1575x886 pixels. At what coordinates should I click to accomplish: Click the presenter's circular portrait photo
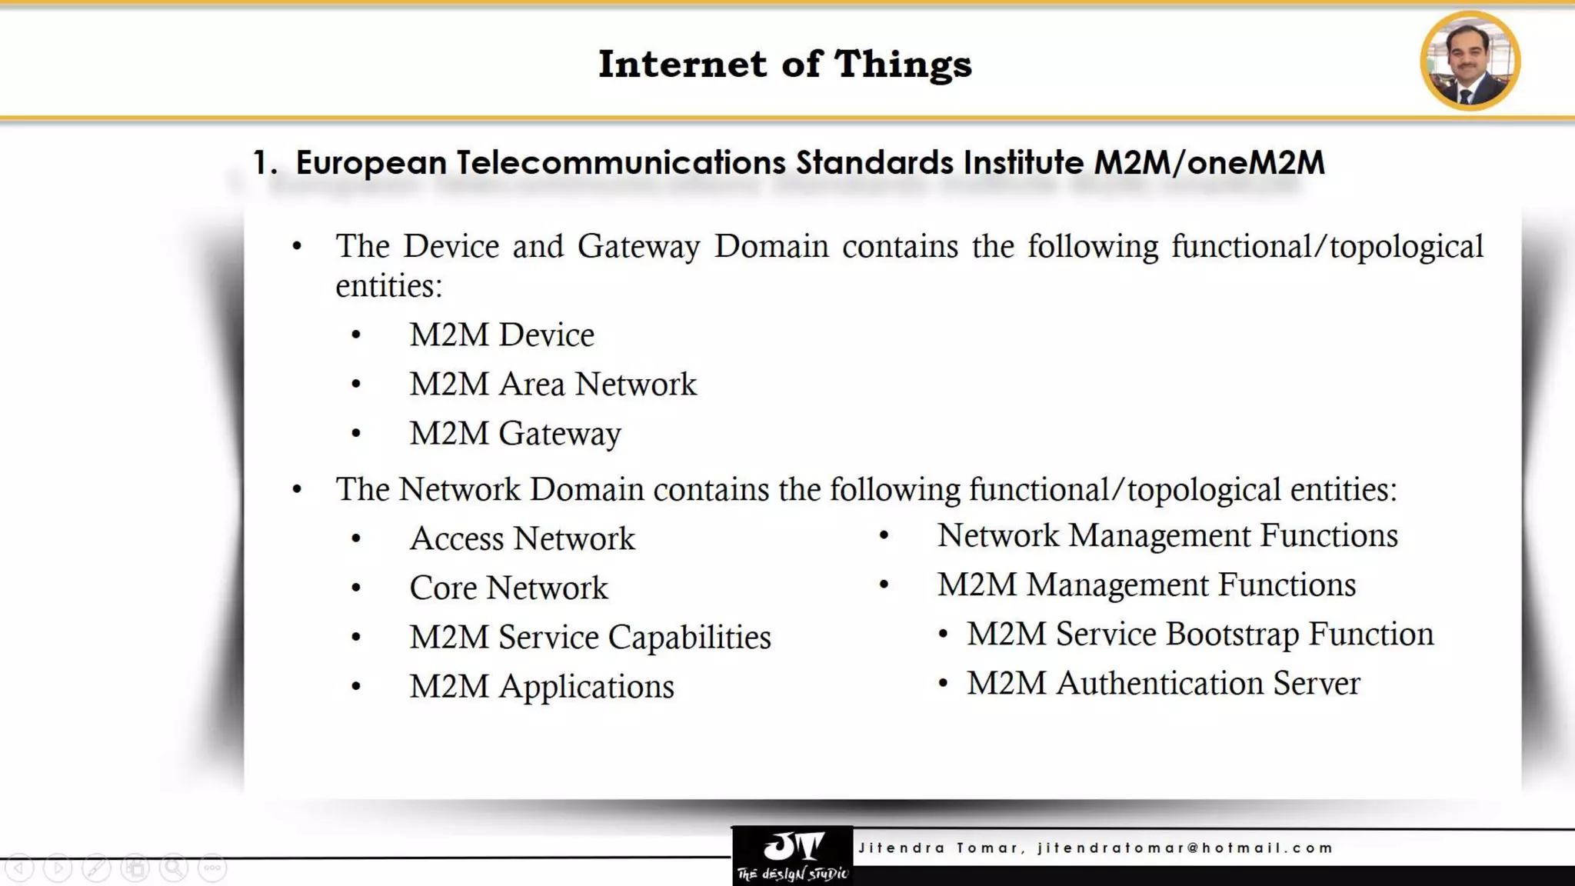point(1470,61)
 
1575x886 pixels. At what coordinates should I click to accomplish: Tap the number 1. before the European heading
point(265,163)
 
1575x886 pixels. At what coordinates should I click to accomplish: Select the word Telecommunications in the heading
point(621,163)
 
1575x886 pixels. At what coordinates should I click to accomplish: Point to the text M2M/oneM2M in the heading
point(1209,163)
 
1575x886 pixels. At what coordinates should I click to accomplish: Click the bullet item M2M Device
point(501,335)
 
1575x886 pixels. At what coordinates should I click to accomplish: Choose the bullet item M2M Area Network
point(552,385)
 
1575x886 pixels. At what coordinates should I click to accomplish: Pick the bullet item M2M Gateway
point(514,434)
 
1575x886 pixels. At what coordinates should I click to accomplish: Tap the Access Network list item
point(522,538)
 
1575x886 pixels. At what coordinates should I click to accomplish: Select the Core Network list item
point(508,588)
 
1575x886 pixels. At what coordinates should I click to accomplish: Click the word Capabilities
point(689,638)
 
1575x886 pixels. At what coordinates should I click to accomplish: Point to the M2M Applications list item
point(541,687)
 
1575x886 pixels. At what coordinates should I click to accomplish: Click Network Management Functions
point(1167,536)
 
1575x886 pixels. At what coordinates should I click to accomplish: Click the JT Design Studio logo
point(792,855)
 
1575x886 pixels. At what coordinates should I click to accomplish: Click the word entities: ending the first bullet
point(389,286)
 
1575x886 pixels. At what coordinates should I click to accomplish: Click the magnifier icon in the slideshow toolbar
point(174,868)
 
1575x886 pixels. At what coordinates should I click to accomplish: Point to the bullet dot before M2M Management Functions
point(884,585)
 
